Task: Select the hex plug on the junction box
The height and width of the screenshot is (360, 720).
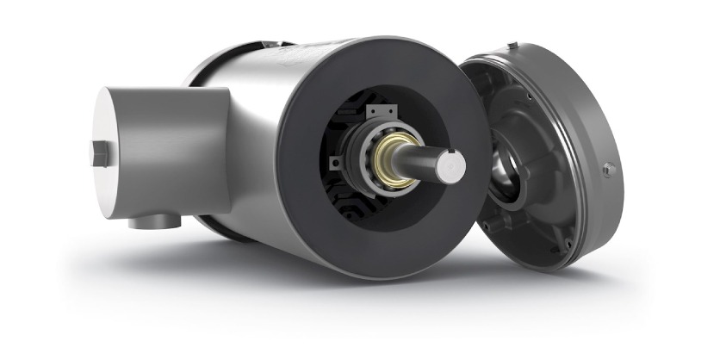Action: pyautogui.click(x=99, y=153)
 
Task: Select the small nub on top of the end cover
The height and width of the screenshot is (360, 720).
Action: pyautogui.click(x=512, y=44)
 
